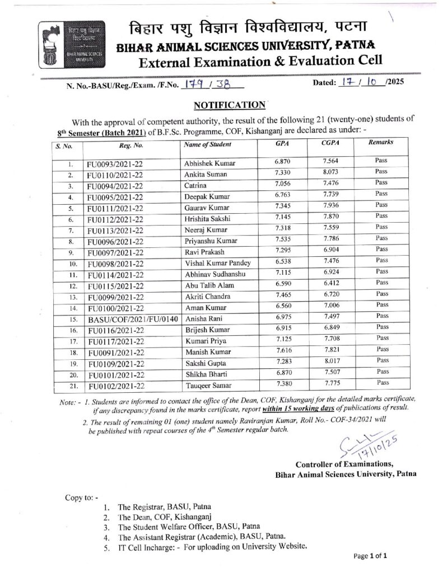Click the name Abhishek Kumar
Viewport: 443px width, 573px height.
tap(210, 163)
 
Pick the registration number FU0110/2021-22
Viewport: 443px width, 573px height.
tap(116, 175)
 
